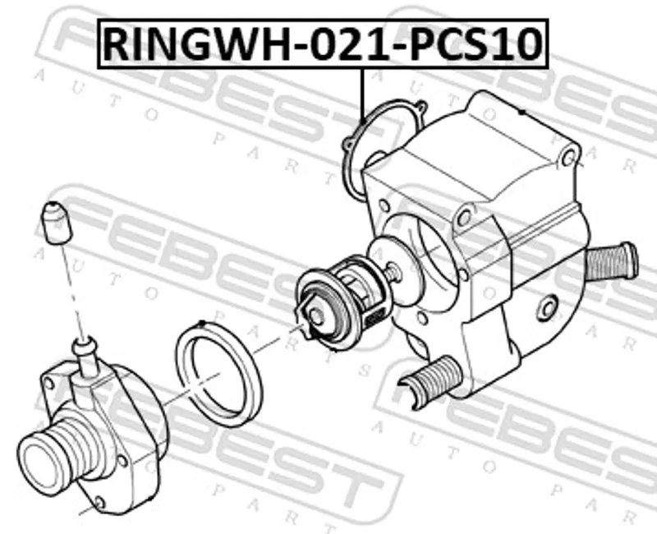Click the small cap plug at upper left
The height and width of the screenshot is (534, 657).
coord(56,223)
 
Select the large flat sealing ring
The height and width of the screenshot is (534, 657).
coord(219,375)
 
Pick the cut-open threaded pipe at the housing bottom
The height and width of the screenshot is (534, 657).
coord(430,381)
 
